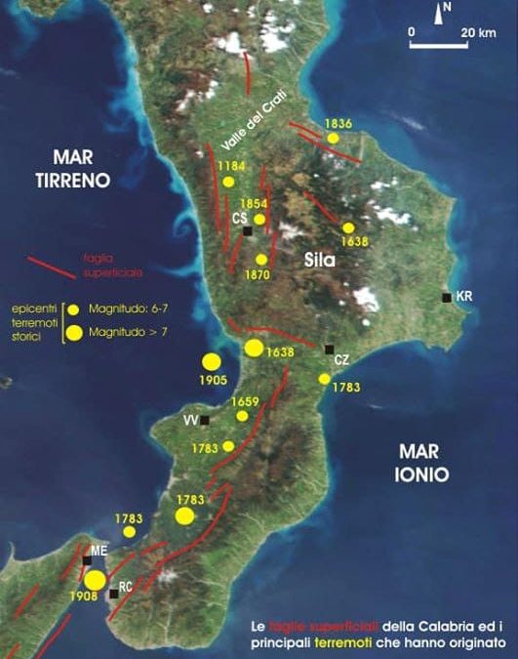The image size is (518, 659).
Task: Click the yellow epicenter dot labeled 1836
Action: [334, 138]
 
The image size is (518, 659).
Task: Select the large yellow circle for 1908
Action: [95, 581]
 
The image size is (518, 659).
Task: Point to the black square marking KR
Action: [447, 298]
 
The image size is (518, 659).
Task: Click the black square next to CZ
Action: [330, 349]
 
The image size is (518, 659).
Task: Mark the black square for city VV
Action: [205, 421]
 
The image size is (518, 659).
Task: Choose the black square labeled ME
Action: [88, 559]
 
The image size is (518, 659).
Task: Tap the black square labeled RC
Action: [114, 593]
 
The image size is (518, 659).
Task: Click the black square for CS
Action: [248, 231]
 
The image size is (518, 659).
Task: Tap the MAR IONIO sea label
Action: [422, 464]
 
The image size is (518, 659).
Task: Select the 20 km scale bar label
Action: [478, 31]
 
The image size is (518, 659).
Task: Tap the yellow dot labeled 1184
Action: [229, 182]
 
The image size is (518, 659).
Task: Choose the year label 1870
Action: [258, 275]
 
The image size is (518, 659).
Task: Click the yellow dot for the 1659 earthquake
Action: [243, 416]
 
